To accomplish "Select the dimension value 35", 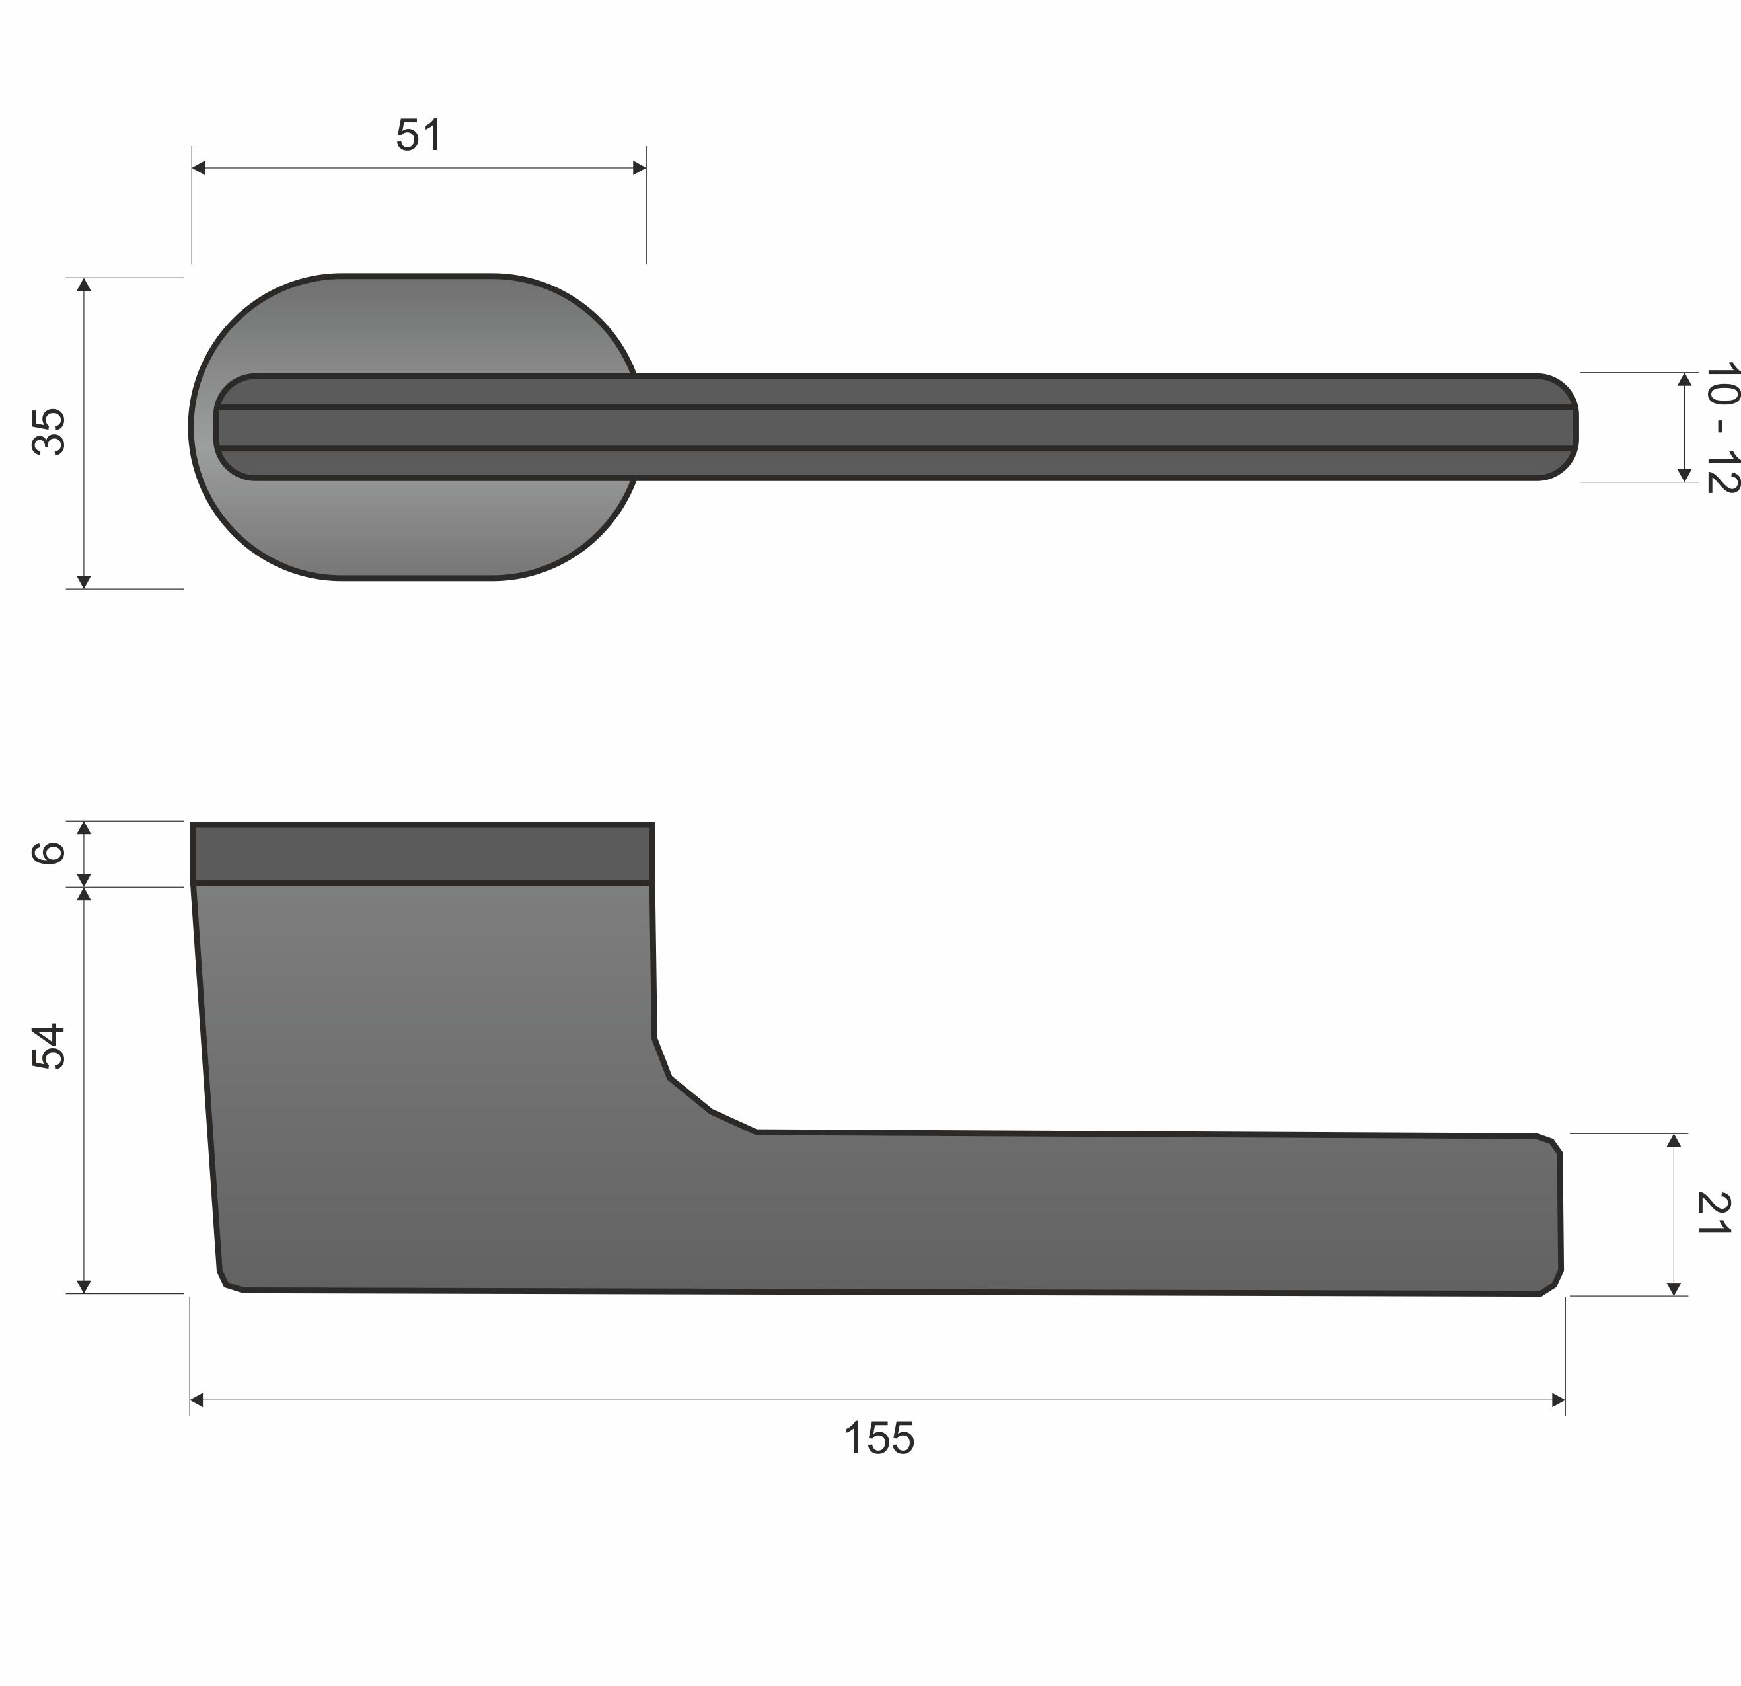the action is [x=50, y=432].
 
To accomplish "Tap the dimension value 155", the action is [x=879, y=1438].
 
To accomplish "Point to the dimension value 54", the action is [x=50, y=1046].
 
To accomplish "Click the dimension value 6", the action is [x=50, y=853].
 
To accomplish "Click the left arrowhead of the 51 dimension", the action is [x=199, y=168].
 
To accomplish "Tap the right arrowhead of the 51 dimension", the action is [x=640, y=168].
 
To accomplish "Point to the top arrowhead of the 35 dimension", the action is [x=85, y=284].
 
